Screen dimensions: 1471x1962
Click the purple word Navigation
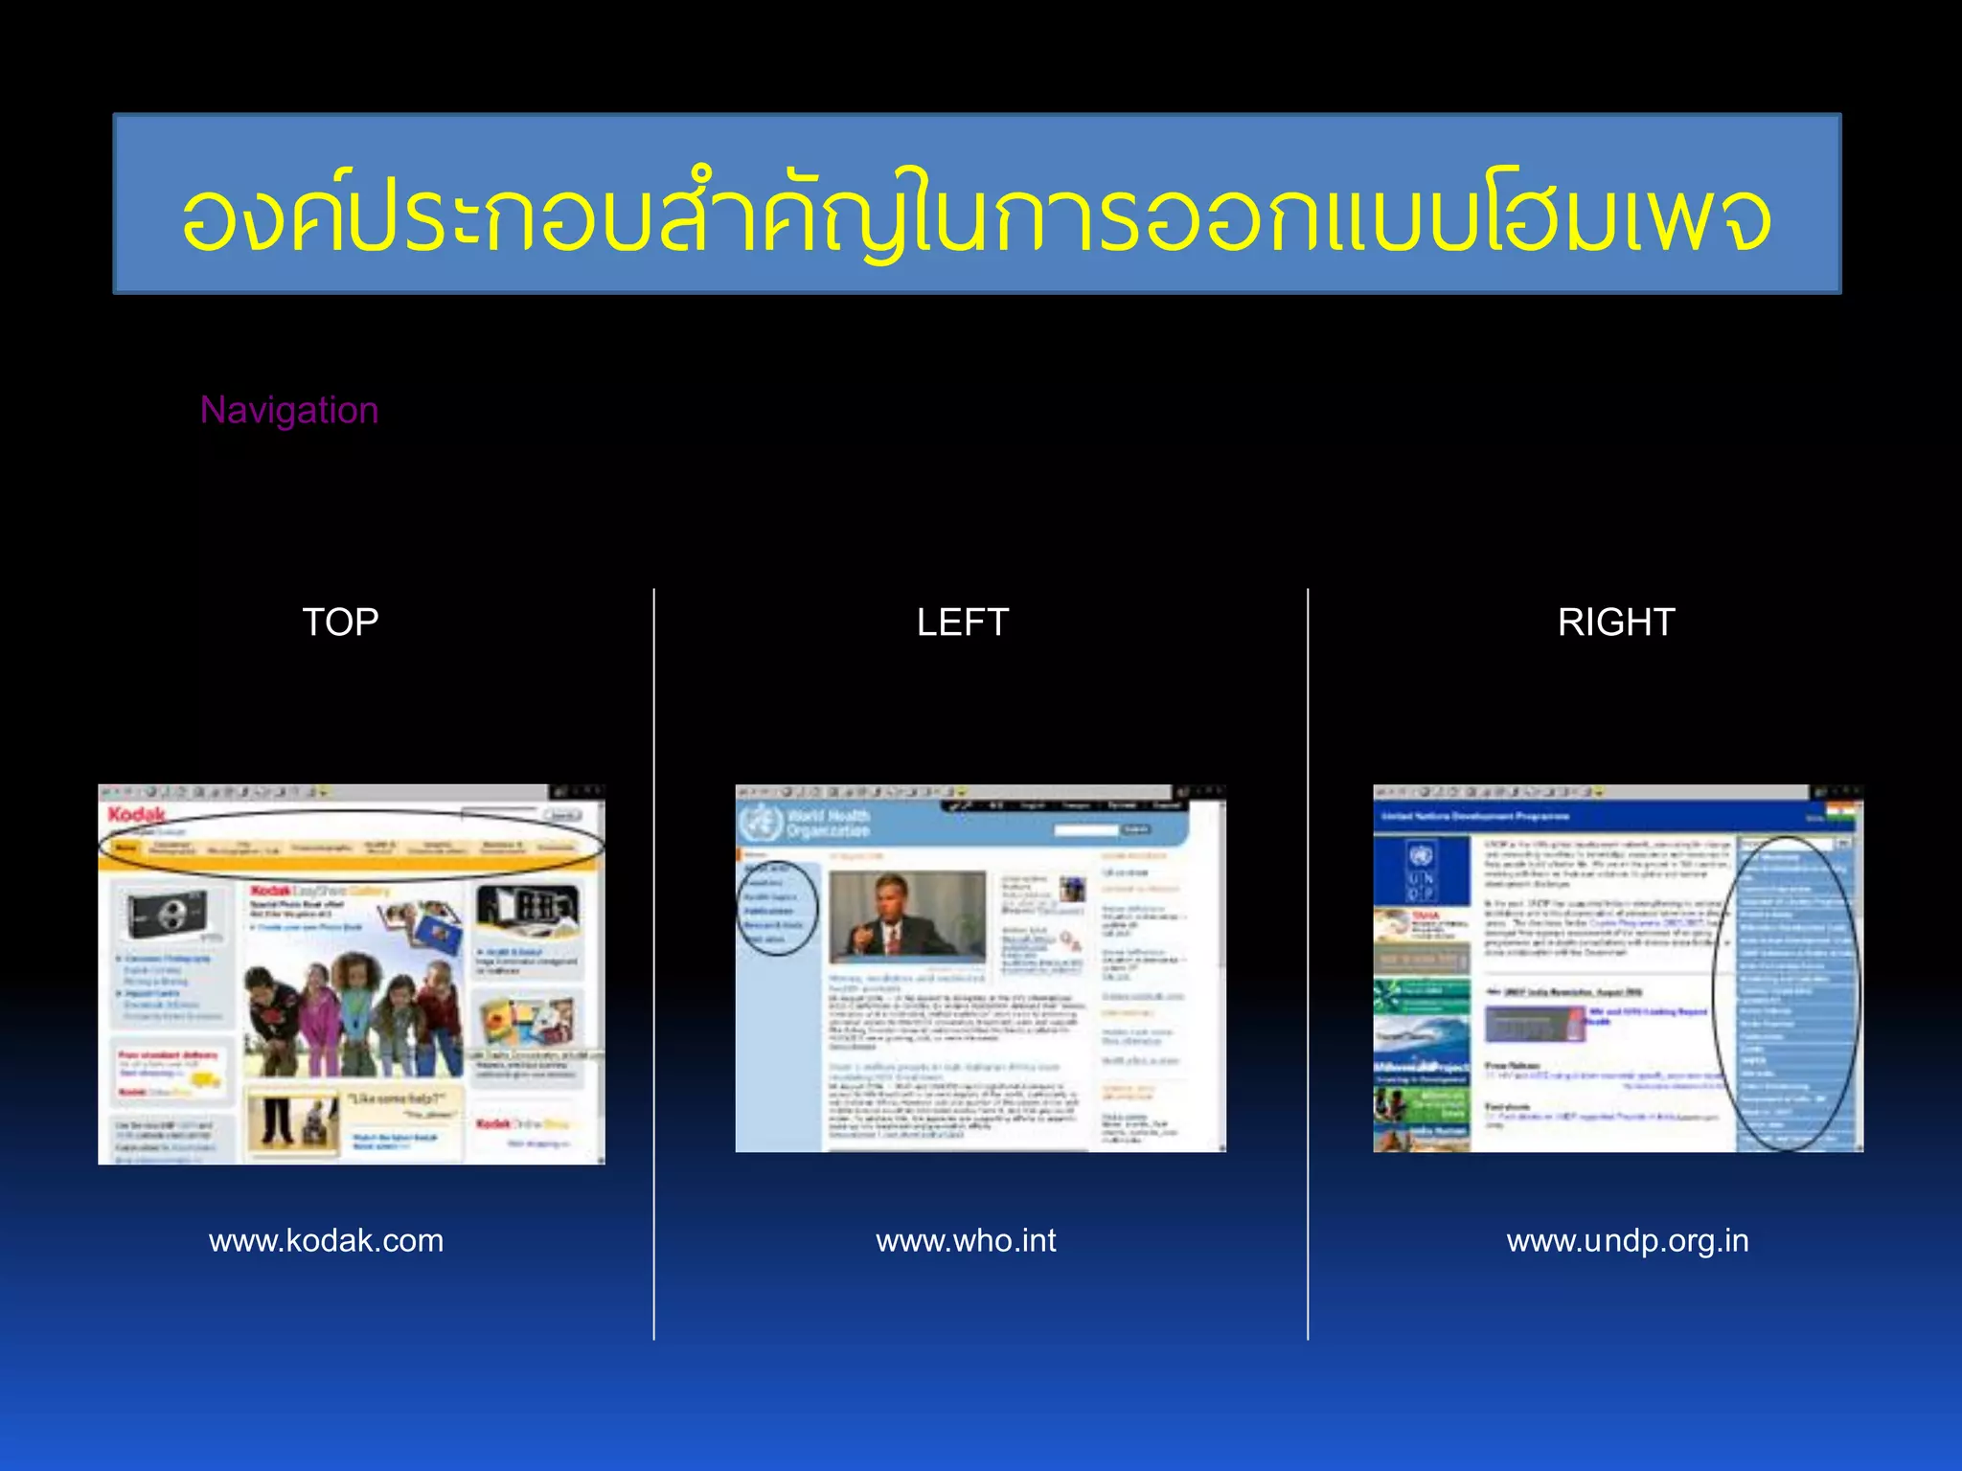click(x=289, y=410)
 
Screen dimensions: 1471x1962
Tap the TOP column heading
click(x=340, y=622)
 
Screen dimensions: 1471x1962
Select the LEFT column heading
click(x=962, y=622)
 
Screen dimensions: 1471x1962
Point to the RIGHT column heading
click(x=1615, y=622)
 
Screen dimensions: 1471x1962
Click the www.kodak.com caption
click(x=326, y=1241)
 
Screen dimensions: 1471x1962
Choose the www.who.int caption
click(x=966, y=1241)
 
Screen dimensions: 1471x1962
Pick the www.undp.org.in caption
click(x=1627, y=1241)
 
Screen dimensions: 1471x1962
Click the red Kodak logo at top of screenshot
click(x=136, y=815)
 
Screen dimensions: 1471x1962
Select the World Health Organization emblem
click(x=762, y=823)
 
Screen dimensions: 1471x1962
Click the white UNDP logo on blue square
click(x=1421, y=871)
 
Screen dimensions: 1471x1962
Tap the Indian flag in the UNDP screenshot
click(x=1840, y=816)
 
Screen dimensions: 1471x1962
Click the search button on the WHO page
click(x=1136, y=829)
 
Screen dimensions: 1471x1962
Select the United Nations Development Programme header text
click(x=1475, y=817)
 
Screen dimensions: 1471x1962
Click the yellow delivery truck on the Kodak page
click(x=208, y=1080)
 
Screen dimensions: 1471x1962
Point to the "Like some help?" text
click(x=394, y=1098)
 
